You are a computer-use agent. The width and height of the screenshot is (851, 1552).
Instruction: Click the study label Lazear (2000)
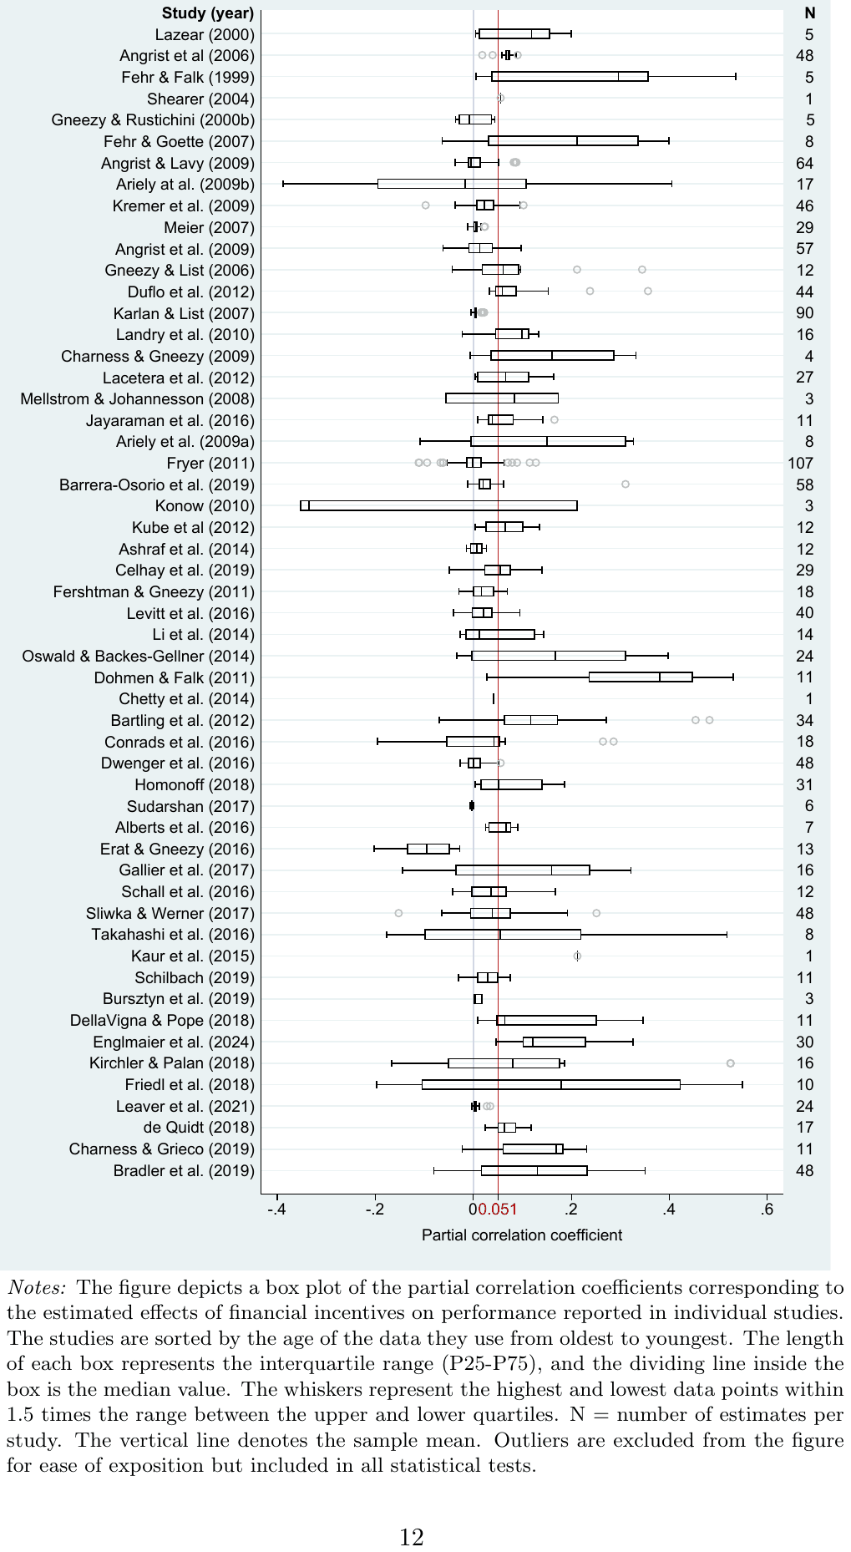tap(205, 35)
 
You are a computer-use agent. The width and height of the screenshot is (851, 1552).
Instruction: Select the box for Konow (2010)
tap(438, 505)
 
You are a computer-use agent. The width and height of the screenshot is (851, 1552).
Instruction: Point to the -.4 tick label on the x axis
tap(277, 1210)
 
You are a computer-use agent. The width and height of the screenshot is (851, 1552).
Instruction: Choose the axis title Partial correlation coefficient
tap(522, 1235)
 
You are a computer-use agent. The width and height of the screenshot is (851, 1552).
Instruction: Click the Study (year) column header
tap(207, 13)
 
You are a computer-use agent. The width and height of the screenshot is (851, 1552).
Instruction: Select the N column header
tap(809, 13)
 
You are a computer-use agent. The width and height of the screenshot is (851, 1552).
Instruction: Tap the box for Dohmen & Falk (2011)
tap(641, 677)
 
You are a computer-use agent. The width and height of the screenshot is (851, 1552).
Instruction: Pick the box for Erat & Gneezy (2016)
tap(428, 849)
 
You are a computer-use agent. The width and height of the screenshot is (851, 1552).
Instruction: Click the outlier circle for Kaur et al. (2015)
tap(577, 956)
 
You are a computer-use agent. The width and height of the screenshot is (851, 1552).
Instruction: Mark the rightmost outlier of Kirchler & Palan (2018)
tap(731, 1063)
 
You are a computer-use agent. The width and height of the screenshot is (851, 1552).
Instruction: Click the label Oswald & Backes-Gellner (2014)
tap(139, 657)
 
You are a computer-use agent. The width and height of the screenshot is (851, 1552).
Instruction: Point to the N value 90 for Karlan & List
tap(805, 313)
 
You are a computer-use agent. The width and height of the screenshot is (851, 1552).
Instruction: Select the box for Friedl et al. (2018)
tap(551, 1085)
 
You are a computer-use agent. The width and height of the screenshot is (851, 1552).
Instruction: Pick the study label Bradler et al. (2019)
tap(184, 1171)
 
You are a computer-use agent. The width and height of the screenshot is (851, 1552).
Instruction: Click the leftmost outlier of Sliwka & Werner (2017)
tap(398, 913)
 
